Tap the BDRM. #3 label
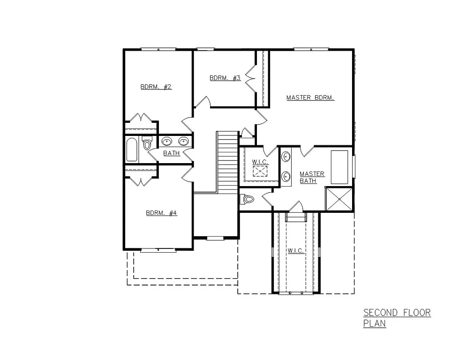coord(225,78)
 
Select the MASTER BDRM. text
coord(310,98)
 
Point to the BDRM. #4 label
coord(161,213)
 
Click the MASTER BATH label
coord(311,177)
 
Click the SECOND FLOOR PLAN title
coord(397,318)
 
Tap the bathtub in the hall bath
coord(132,150)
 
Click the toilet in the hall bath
coord(147,144)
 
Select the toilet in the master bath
coord(247,199)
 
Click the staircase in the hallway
coord(227,162)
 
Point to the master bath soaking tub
coord(339,167)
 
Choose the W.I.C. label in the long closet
coord(296,251)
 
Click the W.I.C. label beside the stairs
coord(259,162)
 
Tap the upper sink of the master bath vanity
coord(286,157)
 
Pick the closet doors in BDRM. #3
coord(249,78)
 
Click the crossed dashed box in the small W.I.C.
coord(260,171)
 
